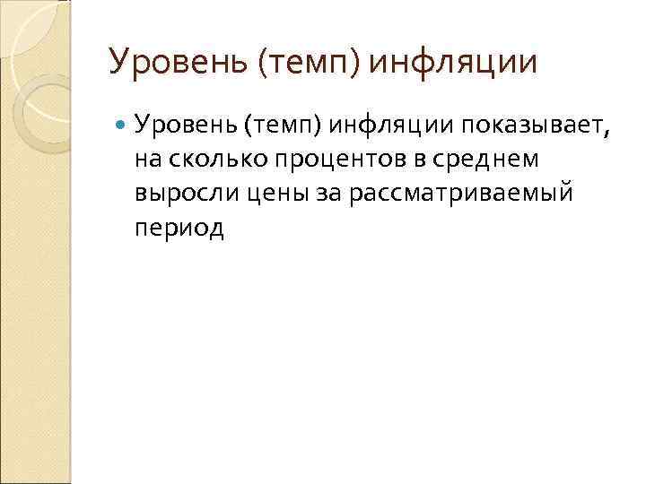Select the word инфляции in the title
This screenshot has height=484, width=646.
[453, 62]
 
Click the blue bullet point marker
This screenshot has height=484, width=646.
[123, 128]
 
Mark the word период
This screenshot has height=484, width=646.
[180, 228]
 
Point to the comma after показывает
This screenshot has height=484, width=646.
[607, 134]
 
